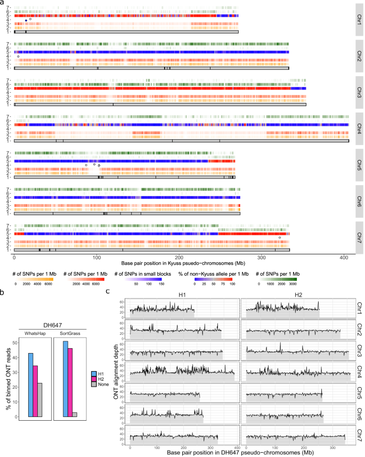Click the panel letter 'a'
3,3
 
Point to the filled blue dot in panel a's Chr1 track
26,20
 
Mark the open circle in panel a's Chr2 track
18,57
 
